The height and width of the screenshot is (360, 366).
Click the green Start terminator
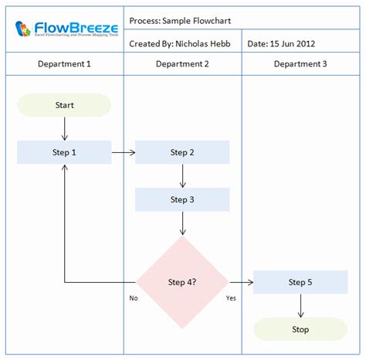[x=64, y=105]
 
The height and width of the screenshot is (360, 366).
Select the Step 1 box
[x=64, y=152]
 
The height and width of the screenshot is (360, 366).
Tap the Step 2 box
[x=182, y=152]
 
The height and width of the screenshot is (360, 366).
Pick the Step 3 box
[x=182, y=199]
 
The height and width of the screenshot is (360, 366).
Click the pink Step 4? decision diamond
[x=182, y=282]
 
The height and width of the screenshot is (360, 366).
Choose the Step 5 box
[x=300, y=282]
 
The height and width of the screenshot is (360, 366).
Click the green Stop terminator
[x=300, y=329]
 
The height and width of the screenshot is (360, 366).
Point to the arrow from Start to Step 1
[x=64, y=128]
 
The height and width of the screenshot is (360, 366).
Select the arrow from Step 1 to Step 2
[x=124, y=152]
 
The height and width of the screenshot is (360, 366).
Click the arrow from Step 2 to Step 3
[x=182, y=176]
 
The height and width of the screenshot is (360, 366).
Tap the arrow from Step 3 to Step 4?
[x=182, y=223]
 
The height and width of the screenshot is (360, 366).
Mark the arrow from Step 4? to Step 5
[x=241, y=282]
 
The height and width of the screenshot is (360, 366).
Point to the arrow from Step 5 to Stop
[x=300, y=306]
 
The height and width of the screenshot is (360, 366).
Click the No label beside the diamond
[x=134, y=297]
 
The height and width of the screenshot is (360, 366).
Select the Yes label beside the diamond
[x=231, y=297]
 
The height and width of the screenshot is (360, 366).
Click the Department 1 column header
[x=64, y=64]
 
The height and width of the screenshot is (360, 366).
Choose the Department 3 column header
[x=300, y=64]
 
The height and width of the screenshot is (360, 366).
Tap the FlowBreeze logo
[x=65, y=29]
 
